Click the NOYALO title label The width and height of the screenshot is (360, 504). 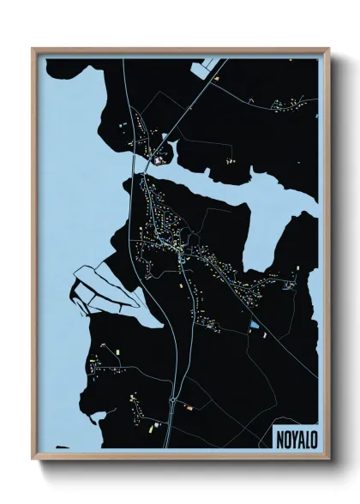tap(296, 436)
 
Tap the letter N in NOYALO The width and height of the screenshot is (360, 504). tap(280, 436)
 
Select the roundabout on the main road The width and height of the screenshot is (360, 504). tap(173, 399)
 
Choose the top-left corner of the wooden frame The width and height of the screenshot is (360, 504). tap(33, 49)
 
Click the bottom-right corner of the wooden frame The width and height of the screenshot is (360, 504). tap(328, 460)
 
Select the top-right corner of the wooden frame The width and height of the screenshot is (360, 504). tap(328, 49)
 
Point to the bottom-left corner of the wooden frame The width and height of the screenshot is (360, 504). tap(33, 460)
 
